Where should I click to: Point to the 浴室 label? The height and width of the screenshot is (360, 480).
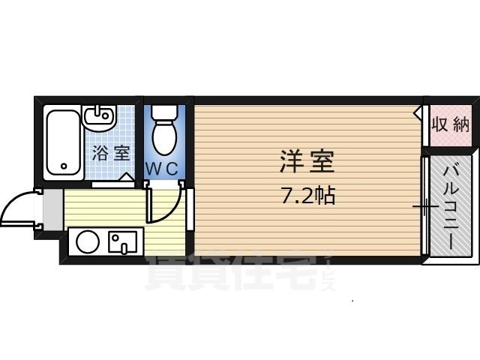(111, 154)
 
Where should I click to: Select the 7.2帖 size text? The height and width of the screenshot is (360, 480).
(307, 196)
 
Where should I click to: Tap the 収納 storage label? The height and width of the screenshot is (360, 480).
(450, 124)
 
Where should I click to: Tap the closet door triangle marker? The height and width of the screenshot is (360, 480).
(418, 113)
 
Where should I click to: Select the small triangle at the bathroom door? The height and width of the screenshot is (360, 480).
(127, 178)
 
